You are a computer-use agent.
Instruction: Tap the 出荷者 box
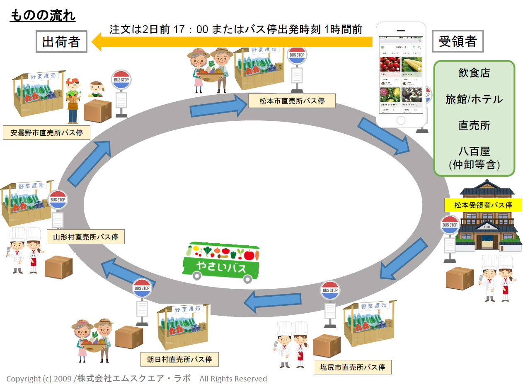pos(61,41)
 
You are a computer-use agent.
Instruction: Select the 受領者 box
pos(458,41)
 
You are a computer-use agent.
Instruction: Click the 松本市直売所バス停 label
pos(292,101)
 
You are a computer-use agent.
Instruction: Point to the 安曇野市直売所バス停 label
pos(46,133)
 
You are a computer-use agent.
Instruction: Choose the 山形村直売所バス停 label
pos(86,237)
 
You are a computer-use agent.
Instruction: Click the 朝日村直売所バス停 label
pos(179,359)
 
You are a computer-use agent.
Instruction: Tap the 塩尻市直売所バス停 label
pos(353,367)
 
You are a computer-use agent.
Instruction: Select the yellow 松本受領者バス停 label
pos(483,205)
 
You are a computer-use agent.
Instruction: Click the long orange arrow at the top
pos(232,42)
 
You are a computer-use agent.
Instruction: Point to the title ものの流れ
pos(42,16)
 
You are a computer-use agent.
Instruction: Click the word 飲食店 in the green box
pos(474,73)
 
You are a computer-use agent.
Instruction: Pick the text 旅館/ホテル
pos(474,99)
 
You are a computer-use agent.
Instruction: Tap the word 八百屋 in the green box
pos(474,151)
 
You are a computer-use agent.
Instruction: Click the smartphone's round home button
pos(401,120)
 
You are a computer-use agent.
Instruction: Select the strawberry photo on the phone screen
pos(390,65)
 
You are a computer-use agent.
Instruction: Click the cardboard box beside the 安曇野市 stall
pos(97,110)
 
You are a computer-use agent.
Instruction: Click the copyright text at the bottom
pos(137,379)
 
